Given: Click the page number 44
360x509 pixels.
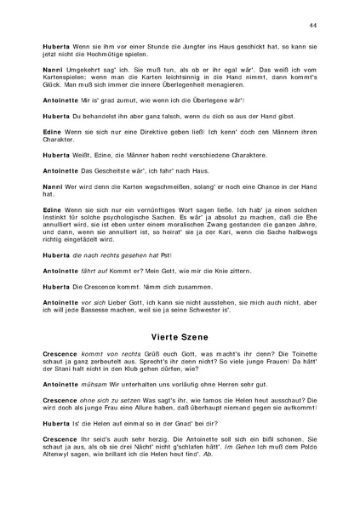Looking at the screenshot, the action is tap(313, 26).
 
